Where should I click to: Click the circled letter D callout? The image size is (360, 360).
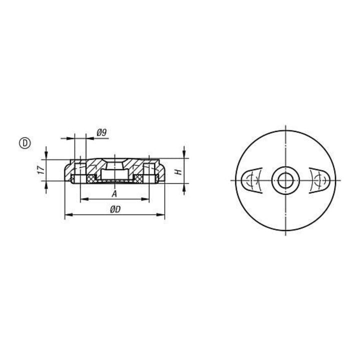(25, 143)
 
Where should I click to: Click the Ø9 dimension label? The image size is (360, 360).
(101, 132)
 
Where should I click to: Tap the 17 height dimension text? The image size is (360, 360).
(41, 169)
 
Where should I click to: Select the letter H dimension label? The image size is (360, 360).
(178, 172)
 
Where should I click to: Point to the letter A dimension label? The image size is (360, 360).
(114, 194)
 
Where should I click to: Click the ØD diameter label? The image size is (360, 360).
(115, 209)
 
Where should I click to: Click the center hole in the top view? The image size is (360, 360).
(285, 180)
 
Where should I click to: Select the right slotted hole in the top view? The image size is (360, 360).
(319, 180)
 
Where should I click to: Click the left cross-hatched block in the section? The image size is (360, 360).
(91, 178)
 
